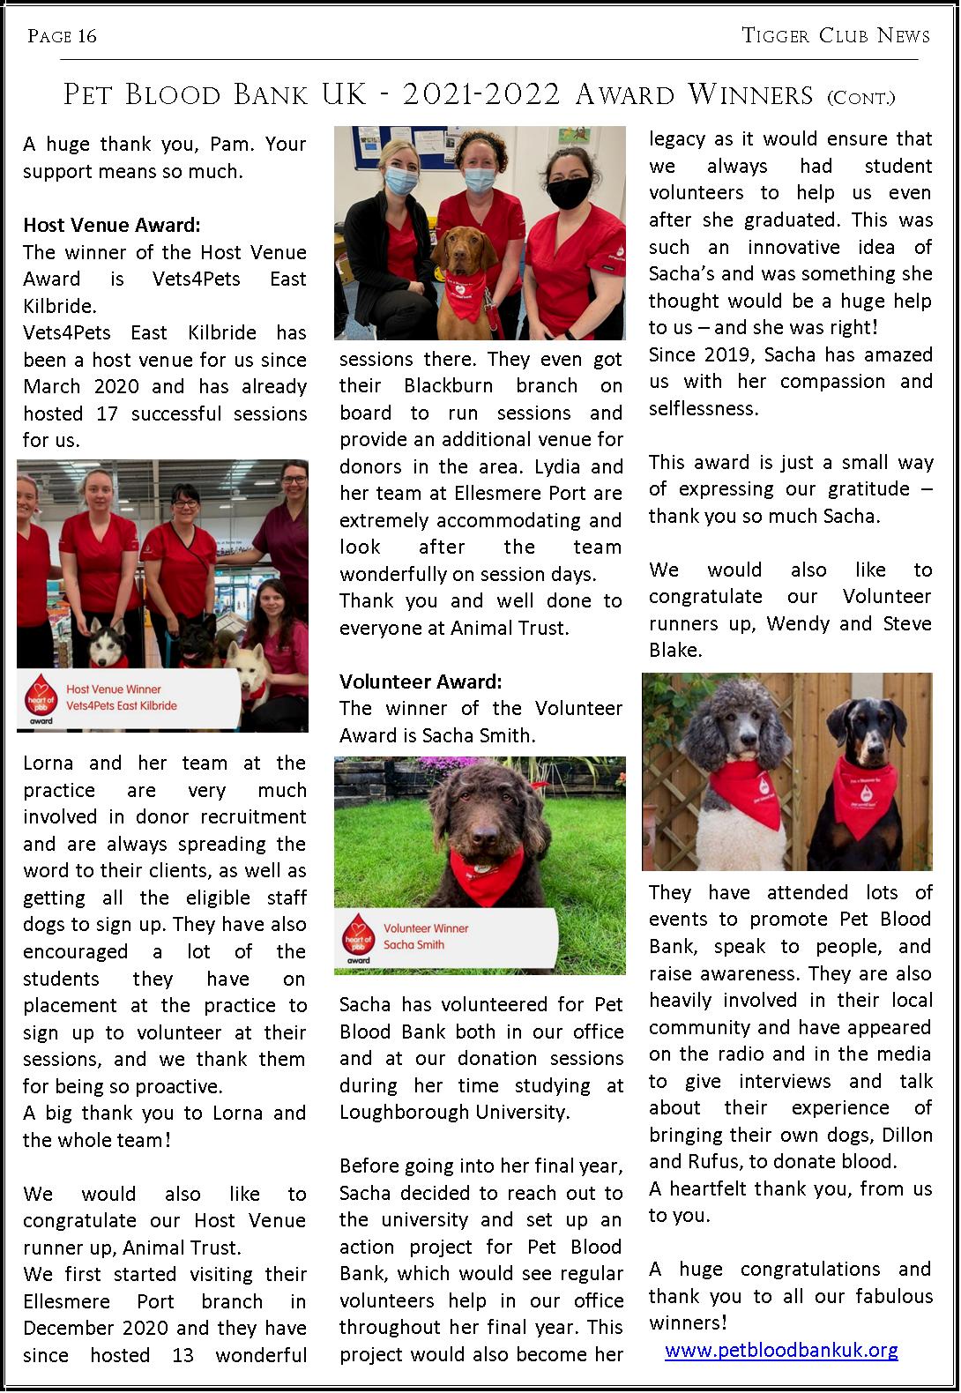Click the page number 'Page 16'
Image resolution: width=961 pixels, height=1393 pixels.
pos(62,36)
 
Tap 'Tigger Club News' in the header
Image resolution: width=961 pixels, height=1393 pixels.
pos(836,35)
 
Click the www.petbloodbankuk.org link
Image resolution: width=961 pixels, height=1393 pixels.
pos(781,1350)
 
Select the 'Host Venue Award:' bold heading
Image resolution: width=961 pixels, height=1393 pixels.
pos(112,226)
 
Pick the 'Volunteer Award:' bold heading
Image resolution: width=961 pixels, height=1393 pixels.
pos(421,682)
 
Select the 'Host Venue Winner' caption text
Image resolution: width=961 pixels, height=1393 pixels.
pos(114,689)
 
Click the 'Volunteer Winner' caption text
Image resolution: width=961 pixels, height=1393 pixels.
pos(426,928)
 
